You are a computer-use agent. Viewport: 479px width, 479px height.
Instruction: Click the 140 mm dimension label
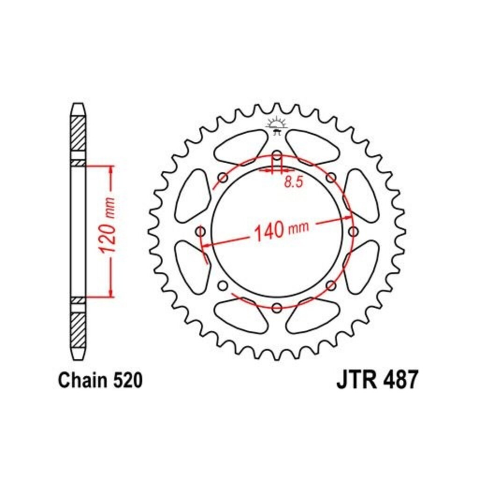coord(281,230)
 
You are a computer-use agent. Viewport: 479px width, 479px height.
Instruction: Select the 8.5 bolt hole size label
coord(294,182)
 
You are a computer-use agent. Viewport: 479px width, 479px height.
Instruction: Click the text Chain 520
coord(100,380)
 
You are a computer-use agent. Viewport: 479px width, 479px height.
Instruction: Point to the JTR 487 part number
coord(377,380)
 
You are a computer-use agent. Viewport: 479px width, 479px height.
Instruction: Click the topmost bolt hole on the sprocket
coord(277,155)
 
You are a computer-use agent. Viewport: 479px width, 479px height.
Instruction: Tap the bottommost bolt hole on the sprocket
coord(277,308)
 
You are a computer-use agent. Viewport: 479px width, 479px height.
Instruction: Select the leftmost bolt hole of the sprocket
coord(200,231)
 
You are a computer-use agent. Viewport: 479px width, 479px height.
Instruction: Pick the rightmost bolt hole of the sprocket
coord(354,231)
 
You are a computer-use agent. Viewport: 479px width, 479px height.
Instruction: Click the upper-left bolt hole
coord(223,177)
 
